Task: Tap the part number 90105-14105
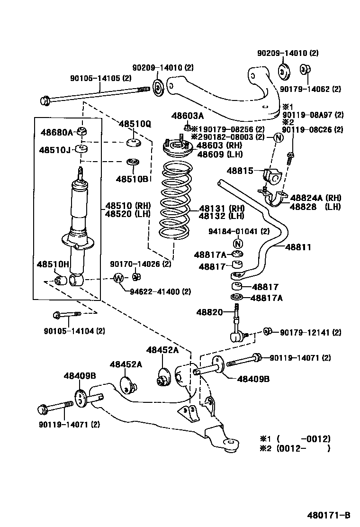(101, 79)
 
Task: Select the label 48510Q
(135, 124)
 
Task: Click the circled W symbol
(118, 278)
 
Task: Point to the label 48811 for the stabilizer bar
(298, 247)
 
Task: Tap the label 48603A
(188, 116)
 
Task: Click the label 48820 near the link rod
(209, 312)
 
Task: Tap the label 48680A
(56, 133)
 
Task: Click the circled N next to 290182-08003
(278, 137)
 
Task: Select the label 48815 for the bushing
(240, 171)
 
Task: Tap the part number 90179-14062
(310, 89)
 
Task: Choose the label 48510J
(55, 150)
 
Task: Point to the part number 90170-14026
(141, 263)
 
